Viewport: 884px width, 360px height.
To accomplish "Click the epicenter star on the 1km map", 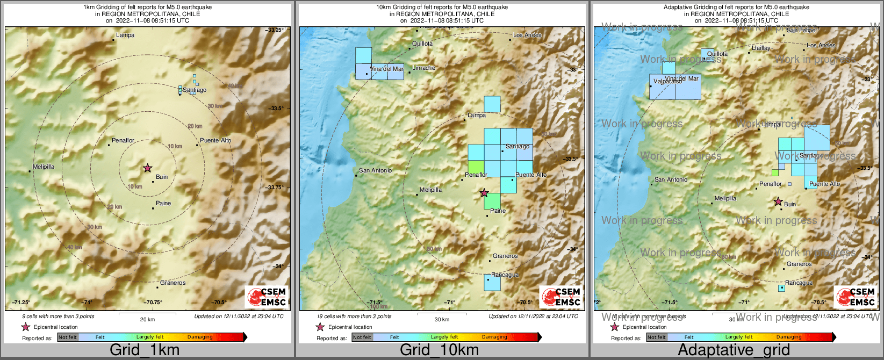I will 147,168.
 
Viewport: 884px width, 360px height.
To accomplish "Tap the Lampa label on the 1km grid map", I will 125,35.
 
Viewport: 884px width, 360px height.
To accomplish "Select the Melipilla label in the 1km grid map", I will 44,167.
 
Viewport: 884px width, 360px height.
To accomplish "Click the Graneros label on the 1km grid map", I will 173,283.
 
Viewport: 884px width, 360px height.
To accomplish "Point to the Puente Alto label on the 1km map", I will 215,141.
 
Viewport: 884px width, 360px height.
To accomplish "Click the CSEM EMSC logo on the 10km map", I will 562,297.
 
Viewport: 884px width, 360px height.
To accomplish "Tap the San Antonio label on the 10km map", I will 375,170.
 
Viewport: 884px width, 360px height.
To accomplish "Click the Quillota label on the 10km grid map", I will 422,44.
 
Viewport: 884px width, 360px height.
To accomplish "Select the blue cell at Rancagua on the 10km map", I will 492,283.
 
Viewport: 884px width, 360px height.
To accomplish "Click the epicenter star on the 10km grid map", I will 484,193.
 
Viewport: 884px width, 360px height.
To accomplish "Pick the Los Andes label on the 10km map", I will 527,35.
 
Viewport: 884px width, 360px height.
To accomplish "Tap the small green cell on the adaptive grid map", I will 775,173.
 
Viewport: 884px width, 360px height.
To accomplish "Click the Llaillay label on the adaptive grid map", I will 761,48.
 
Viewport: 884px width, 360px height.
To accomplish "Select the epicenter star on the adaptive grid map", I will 778,201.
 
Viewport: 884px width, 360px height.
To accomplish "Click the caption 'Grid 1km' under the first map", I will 145,350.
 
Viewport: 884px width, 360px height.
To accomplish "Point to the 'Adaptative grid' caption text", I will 734,350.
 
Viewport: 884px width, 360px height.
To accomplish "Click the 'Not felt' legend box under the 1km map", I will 68,337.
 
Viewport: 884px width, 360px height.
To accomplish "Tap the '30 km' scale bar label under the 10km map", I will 442,320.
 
